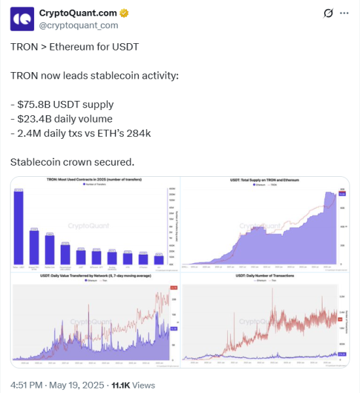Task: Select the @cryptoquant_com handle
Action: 79,26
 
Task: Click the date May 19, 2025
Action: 78,384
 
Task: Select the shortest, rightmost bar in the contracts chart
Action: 158,260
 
